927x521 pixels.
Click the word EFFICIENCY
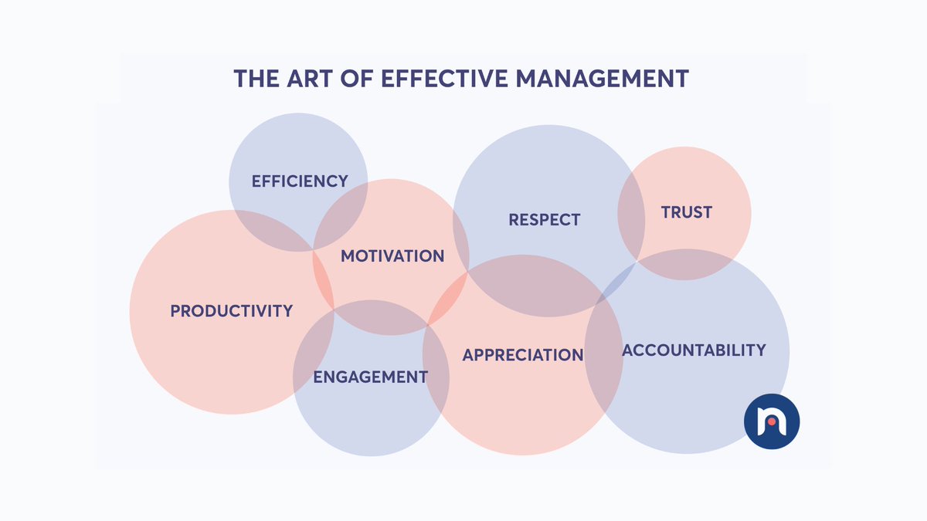(300, 181)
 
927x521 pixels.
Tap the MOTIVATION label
(392, 255)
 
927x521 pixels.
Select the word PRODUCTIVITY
(232, 311)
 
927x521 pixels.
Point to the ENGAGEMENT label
(370, 377)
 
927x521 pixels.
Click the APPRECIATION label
(523, 355)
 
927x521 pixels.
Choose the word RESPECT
(544, 220)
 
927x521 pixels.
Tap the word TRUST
(686, 212)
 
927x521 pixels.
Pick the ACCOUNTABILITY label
(694, 350)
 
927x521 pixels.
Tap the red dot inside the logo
(771, 421)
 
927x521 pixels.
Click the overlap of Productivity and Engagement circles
(314, 351)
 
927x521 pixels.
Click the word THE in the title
(257, 79)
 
